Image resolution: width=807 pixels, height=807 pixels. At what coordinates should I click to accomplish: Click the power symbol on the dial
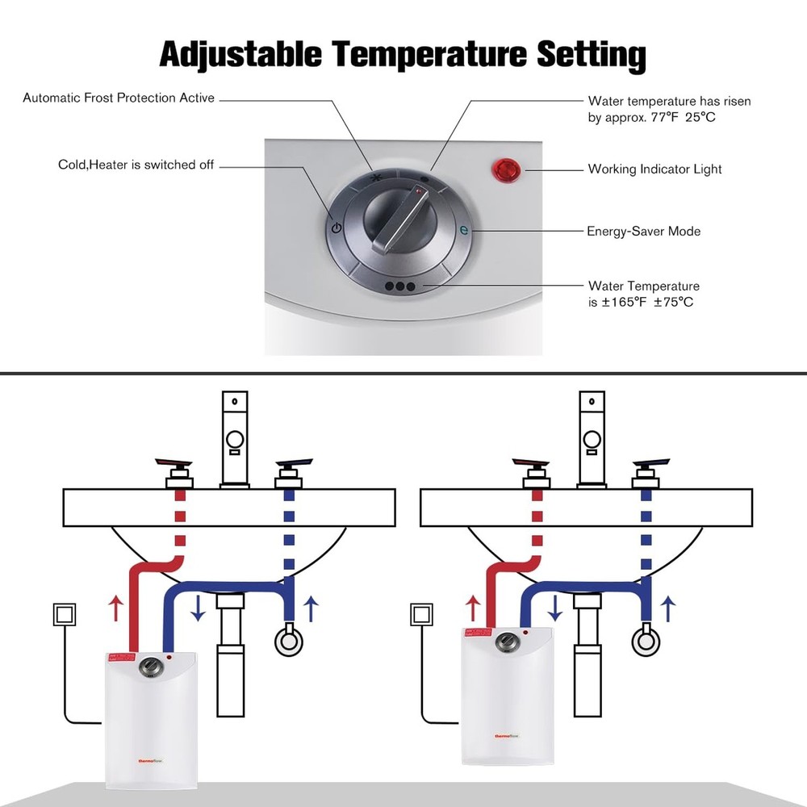point(337,228)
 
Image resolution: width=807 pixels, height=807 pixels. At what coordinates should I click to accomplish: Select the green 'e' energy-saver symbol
point(463,230)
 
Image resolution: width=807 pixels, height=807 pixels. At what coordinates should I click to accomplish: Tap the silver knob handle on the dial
point(400,216)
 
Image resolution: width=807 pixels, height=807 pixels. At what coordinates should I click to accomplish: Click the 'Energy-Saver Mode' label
point(643,231)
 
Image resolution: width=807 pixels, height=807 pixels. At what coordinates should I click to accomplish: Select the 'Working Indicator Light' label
point(654,169)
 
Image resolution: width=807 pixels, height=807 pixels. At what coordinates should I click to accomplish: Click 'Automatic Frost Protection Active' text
point(119,98)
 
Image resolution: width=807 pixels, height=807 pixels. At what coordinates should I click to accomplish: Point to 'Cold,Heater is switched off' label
point(136,165)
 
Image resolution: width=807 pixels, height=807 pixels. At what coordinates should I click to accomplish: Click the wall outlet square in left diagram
point(64,615)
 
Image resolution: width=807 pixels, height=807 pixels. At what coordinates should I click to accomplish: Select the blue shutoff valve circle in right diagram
point(645,642)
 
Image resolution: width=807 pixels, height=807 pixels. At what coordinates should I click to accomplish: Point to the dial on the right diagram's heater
point(504,642)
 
